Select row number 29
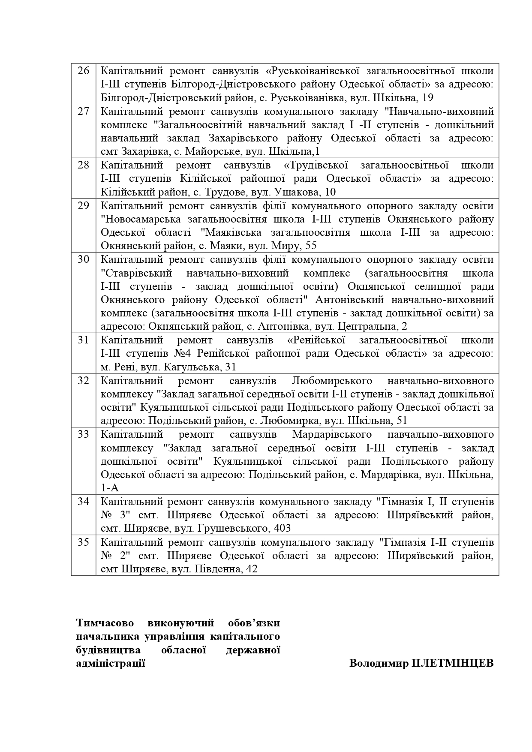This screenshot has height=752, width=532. [x=83, y=206]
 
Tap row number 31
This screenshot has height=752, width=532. [x=83, y=340]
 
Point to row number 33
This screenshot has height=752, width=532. [x=83, y=435]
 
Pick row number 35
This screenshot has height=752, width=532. [x=83, y=543]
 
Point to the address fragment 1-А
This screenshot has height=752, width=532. [x=110, y=488]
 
